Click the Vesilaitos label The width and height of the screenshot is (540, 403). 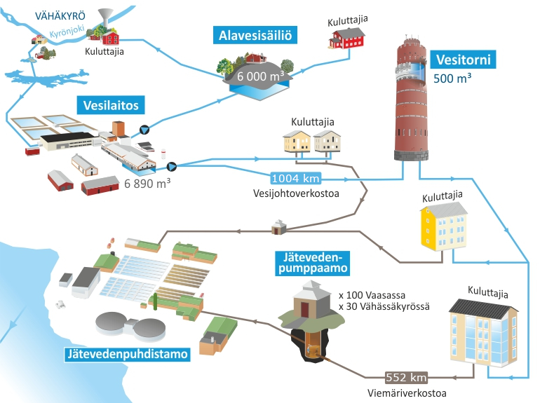pyautogui.click(x=112, y=106)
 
